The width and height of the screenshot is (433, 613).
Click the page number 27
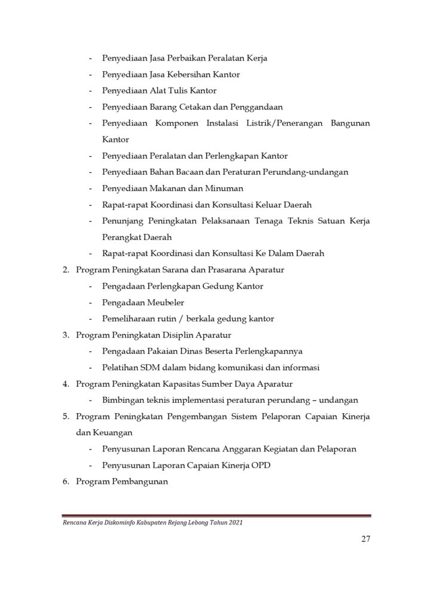(365, 538)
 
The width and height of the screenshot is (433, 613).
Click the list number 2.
(66, 270)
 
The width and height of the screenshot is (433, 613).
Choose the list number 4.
(66, 384)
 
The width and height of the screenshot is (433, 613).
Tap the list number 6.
(66, 481)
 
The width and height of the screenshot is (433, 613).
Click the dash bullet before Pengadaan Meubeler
(90, 303)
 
